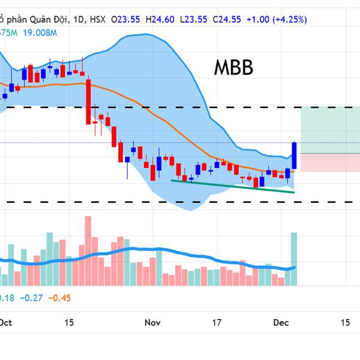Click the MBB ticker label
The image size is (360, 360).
tap(233, 68)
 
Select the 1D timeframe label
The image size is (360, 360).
tap(77, 19)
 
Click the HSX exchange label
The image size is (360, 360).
tap(97, 19)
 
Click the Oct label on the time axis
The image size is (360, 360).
tap(6, 322)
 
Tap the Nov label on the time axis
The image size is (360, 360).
tap(153, 322)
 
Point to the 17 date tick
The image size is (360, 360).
tap(218, 322)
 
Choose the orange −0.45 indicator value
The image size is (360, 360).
tap(60, 298)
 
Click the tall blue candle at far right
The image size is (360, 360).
tap(295, 155)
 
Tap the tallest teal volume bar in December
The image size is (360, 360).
tap(294, 258)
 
